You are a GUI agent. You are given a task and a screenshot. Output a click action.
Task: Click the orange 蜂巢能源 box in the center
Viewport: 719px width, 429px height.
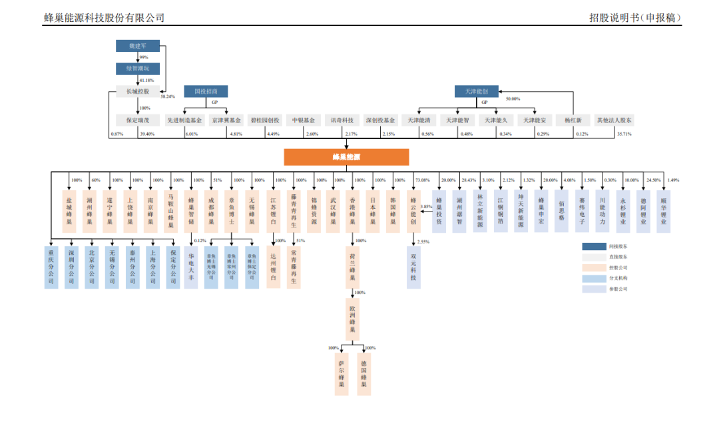[346, 157]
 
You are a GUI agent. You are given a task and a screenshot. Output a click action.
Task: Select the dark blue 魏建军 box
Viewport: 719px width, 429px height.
[138, 46]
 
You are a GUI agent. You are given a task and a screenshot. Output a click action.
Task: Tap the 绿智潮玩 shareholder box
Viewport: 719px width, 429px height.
[138, 69]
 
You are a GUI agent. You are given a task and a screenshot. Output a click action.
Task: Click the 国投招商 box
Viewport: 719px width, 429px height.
[210, 91]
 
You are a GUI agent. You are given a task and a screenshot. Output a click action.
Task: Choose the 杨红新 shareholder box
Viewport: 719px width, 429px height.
[573, 120]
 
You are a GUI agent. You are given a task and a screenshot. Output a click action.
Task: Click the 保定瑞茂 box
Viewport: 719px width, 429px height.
[138, 120]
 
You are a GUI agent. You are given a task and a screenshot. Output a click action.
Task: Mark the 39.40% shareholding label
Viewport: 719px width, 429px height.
[146, 134]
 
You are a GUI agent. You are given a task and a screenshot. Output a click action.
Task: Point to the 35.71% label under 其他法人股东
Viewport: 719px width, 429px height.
[624, 134]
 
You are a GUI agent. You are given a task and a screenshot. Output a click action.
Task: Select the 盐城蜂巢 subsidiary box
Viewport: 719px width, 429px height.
[69, 210]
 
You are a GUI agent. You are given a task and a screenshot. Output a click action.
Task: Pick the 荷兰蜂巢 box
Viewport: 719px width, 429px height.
[354, 265]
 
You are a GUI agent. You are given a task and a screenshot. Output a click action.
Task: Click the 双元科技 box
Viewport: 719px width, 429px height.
[413, 267]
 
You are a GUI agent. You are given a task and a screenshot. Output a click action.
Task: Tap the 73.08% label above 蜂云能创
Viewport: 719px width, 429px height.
[422, 180]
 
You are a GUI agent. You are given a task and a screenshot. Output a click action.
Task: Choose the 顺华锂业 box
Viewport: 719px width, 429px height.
[663, 210]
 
